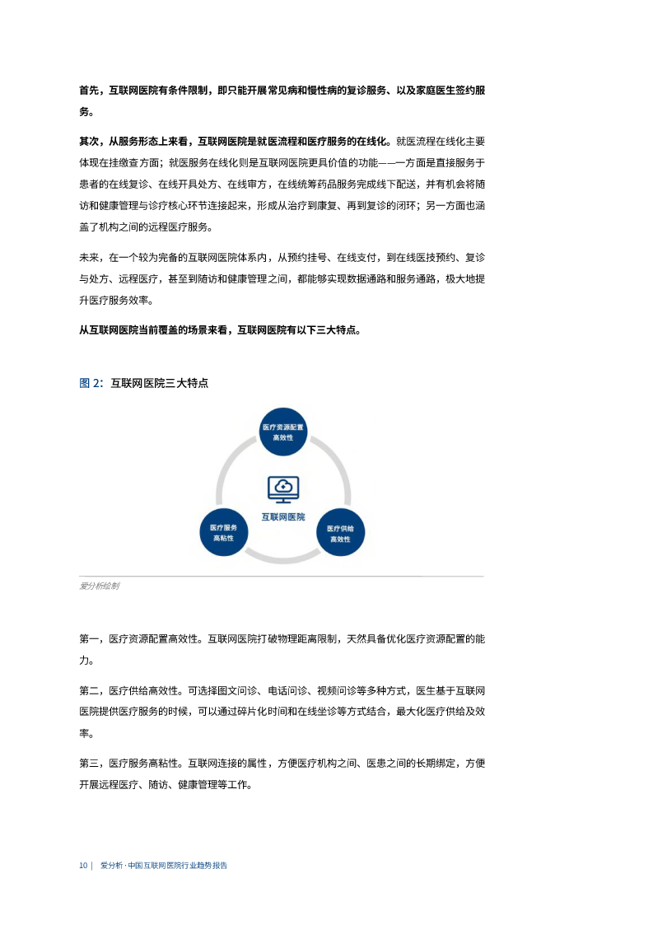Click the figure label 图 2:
[x=91, y=383]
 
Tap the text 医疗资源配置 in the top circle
[x=283, y=427]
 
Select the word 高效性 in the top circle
[x=283, y=437]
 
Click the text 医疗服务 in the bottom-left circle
[x=223, y=527]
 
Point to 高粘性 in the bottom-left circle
[x=223, y=538]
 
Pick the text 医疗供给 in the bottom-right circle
[x=340, y=528]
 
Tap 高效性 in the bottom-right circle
[x=340, y=539]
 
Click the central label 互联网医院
[x=282, y=516]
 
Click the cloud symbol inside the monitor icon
[x=283, y=486]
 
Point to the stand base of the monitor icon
[x=283, y=502]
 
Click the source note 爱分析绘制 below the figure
[x=99, y=586]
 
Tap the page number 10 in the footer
[x=82, y=866]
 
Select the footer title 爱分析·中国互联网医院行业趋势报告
[x=163, y=866]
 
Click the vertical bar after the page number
[x=91, y=866]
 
